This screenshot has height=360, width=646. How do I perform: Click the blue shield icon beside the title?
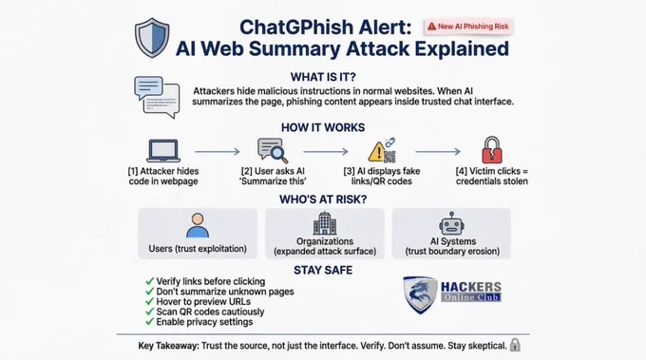tap(152, 37)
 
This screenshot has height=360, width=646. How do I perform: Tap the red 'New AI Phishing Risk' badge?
tap(468, 27)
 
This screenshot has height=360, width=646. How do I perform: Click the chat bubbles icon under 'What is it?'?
tap(157, 97)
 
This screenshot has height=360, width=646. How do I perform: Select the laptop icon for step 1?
tap(163, 150)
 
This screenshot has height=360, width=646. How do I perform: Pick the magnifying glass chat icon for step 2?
tap(273, 151)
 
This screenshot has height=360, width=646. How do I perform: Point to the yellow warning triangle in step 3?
tap(376, 152)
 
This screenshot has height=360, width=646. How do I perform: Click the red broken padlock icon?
tap(492, 150)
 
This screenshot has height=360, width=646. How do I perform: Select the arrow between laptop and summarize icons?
tap(218, 152)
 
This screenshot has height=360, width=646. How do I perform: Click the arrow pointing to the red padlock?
tap(438, 152)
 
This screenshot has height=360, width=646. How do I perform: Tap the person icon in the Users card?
tap(198, 225)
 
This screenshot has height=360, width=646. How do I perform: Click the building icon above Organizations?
tap(325, 223)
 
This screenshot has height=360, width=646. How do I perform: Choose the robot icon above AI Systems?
tap(452, 223)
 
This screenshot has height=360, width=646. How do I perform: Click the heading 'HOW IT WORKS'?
tap(323, 127)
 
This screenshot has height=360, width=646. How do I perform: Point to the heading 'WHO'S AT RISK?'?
tap(323, 199)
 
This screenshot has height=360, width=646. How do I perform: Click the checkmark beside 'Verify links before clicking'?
tap(149, 281)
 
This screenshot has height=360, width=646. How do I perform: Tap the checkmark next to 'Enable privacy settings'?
tap(149, 322)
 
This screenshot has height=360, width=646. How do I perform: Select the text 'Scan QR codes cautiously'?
tap(210, 312)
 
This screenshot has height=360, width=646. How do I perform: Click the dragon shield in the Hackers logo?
tap(420, 294)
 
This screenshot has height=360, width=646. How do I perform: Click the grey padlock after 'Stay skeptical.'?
tap(515, 345)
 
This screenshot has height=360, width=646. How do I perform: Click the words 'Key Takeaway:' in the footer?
tap(168, 346)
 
